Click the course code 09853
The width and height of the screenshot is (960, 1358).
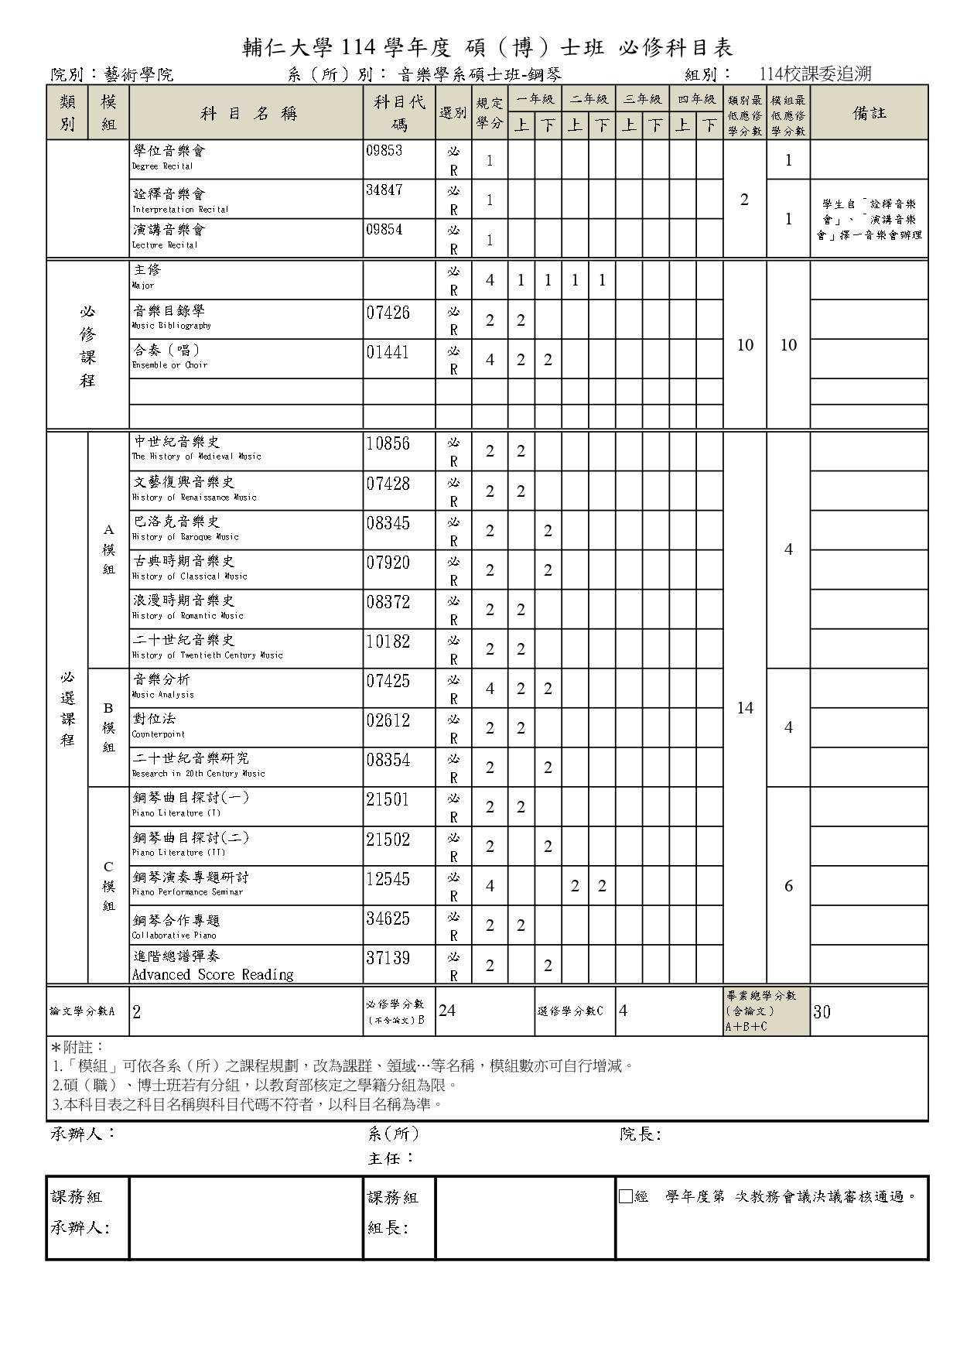pos(384,151)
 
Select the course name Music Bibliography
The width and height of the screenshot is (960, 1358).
pos(170,317)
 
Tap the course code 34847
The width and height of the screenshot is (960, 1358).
pos(384,190)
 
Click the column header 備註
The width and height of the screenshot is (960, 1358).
pos(869,114)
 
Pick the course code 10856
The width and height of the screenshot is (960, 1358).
pos(388,444)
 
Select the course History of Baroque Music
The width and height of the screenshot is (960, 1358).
pos(185,528)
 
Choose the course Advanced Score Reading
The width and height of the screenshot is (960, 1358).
pos(212,966)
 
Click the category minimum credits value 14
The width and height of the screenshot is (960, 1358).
pos(745,708)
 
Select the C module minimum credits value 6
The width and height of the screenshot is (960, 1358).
pos(788,886)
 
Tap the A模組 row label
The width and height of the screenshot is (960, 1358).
pos(108,549)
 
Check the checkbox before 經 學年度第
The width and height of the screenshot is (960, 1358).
pos(626,1197)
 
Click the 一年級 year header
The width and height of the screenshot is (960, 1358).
pos(535,99)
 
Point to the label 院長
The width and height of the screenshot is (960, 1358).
pos(640,1134)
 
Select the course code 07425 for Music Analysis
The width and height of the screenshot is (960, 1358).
pos(388,682)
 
